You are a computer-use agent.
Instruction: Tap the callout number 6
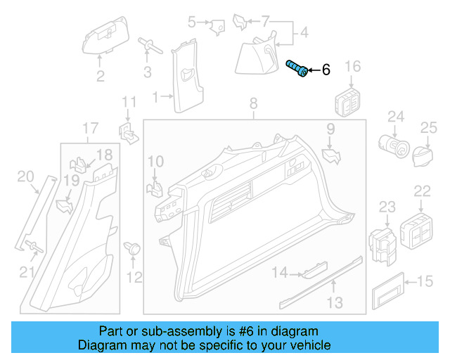326,70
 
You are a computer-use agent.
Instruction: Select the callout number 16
352,67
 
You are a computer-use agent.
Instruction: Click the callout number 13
335,303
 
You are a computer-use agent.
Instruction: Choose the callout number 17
90,129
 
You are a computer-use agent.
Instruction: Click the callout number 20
24,176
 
